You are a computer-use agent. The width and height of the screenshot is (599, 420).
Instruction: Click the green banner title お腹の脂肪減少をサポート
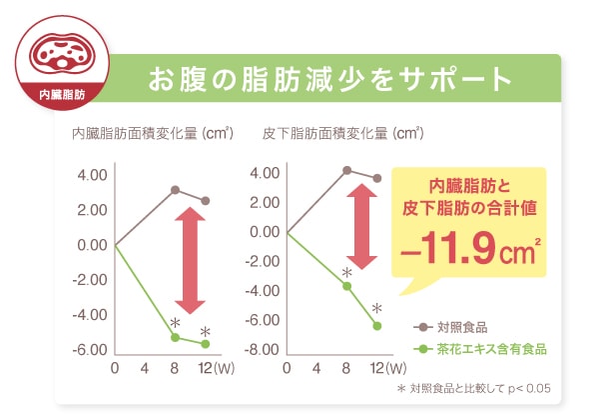tap(329, 79)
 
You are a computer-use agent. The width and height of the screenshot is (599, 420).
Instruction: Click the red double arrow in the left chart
tap(189, 260)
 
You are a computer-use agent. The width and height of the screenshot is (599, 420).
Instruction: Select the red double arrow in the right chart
tap(362, 226)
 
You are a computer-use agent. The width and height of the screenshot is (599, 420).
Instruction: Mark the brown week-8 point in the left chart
tap(175, 190)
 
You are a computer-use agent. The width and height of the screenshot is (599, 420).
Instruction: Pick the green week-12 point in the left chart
tap(206, 344)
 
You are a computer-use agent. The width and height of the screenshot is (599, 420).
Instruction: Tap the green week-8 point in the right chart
tap(347, 286)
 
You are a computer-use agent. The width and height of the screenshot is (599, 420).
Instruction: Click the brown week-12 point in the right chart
tap(377, 178)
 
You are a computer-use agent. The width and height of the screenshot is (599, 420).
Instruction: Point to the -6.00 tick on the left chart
tap(92, 349)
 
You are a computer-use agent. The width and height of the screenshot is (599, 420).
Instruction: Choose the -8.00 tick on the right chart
tap(263, 349)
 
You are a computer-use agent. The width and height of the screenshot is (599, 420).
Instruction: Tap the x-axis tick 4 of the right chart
tap(316, 368)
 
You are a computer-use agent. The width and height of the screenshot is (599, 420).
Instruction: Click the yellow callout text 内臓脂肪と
tap(469, 186)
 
